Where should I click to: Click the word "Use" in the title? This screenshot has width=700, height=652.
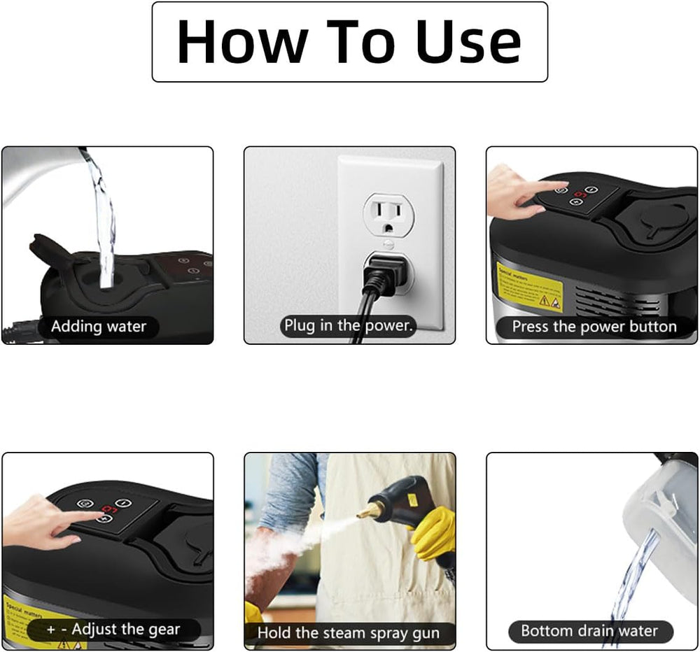pos(469,42)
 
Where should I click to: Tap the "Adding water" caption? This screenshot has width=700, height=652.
pos(99,326)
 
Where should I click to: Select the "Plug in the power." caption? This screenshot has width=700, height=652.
pos(349,325)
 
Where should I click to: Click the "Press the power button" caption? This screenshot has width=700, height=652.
pos(594,326)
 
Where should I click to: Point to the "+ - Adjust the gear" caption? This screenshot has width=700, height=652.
pos(113,629)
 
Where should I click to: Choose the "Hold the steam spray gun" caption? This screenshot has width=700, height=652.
pos(349,633)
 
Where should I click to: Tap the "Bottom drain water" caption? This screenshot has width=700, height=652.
pos(589,630)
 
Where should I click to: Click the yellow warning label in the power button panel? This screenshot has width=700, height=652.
pos(529,287)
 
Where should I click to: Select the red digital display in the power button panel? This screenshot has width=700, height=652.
pos(580,194)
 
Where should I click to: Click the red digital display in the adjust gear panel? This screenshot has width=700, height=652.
pos(108,509)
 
